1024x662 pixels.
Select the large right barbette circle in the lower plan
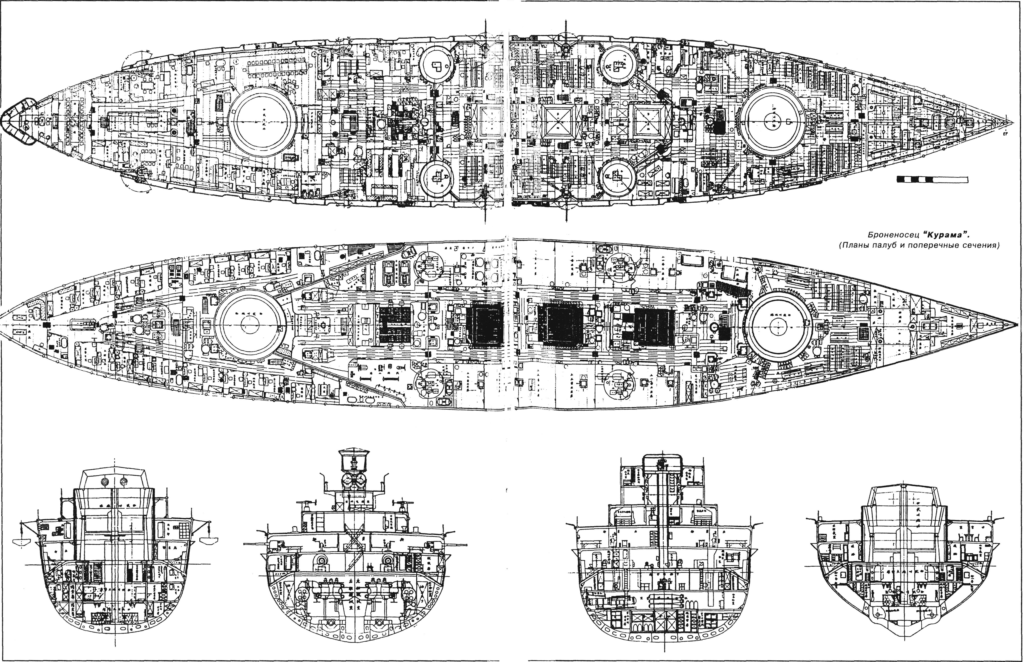pos(778,327)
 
